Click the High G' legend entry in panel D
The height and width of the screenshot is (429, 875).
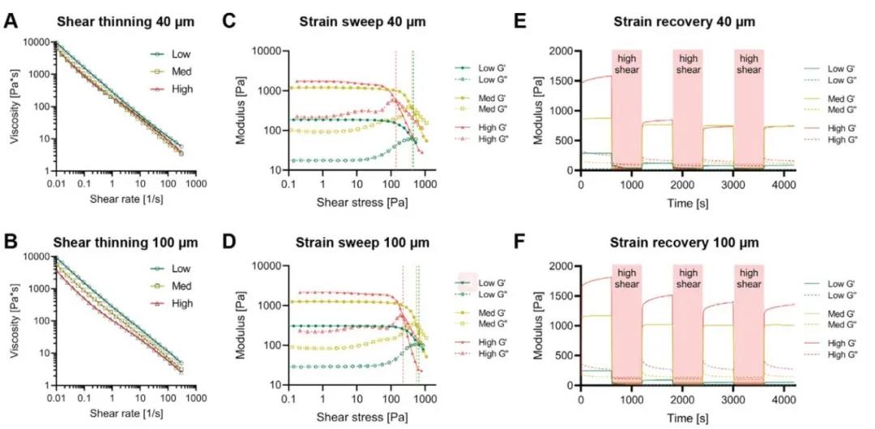pyautogui.click(x=491, y=343)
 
